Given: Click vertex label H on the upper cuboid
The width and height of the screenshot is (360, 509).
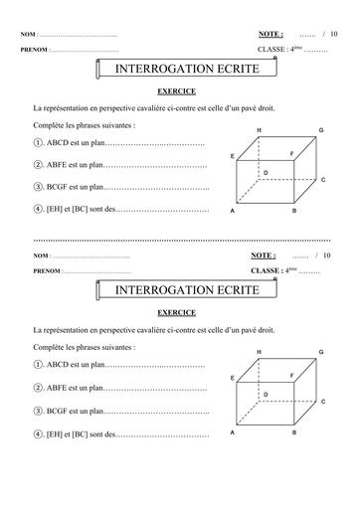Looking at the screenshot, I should [x=260, y=131].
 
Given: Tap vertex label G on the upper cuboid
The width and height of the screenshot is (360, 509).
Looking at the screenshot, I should [x=321, y=131].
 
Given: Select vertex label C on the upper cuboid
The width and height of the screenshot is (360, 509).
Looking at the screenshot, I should [x=325, y=179].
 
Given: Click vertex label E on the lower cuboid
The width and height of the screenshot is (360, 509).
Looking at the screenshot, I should [x=232, y=379].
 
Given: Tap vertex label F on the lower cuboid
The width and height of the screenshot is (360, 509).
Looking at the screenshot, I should [x=291, y=375].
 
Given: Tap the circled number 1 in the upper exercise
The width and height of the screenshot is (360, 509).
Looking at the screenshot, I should [x=37, y=144].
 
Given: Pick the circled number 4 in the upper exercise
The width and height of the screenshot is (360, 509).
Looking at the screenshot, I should [x=37, y=210].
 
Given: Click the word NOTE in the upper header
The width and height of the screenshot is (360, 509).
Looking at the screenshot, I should [x=270, y=35].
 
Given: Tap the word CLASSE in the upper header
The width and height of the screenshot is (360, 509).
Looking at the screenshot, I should [x=271, y=49].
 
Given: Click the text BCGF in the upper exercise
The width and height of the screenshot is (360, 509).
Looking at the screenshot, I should [x=59, y=187].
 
